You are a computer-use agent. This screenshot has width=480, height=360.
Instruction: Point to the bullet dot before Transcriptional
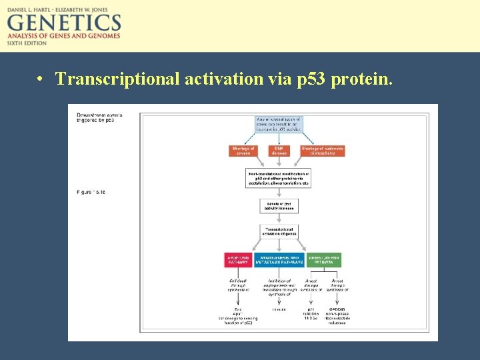click(41, 80)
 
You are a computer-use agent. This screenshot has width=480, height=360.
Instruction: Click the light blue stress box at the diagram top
click(279, 124)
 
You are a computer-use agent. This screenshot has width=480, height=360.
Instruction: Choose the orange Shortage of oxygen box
click(243, 151)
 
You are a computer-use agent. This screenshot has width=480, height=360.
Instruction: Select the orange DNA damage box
click(279, 151)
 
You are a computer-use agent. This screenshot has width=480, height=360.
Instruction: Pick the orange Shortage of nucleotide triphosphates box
click(323, 151)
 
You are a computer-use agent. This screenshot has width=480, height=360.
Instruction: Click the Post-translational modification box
click(279, 177)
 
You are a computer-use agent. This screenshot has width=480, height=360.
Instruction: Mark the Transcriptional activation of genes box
click(279, 232)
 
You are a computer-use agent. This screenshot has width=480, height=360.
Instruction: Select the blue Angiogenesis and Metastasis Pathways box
click(279, 259)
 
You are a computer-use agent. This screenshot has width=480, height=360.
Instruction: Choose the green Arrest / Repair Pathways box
click(323, 259)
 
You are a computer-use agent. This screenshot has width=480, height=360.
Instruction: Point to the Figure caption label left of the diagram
click(91, 193)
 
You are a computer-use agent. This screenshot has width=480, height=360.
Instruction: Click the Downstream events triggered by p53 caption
click(95, 117)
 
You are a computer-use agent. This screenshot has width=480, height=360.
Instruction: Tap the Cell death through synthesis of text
click(239, 285)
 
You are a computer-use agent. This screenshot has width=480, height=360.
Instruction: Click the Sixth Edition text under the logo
click(27, 43)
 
